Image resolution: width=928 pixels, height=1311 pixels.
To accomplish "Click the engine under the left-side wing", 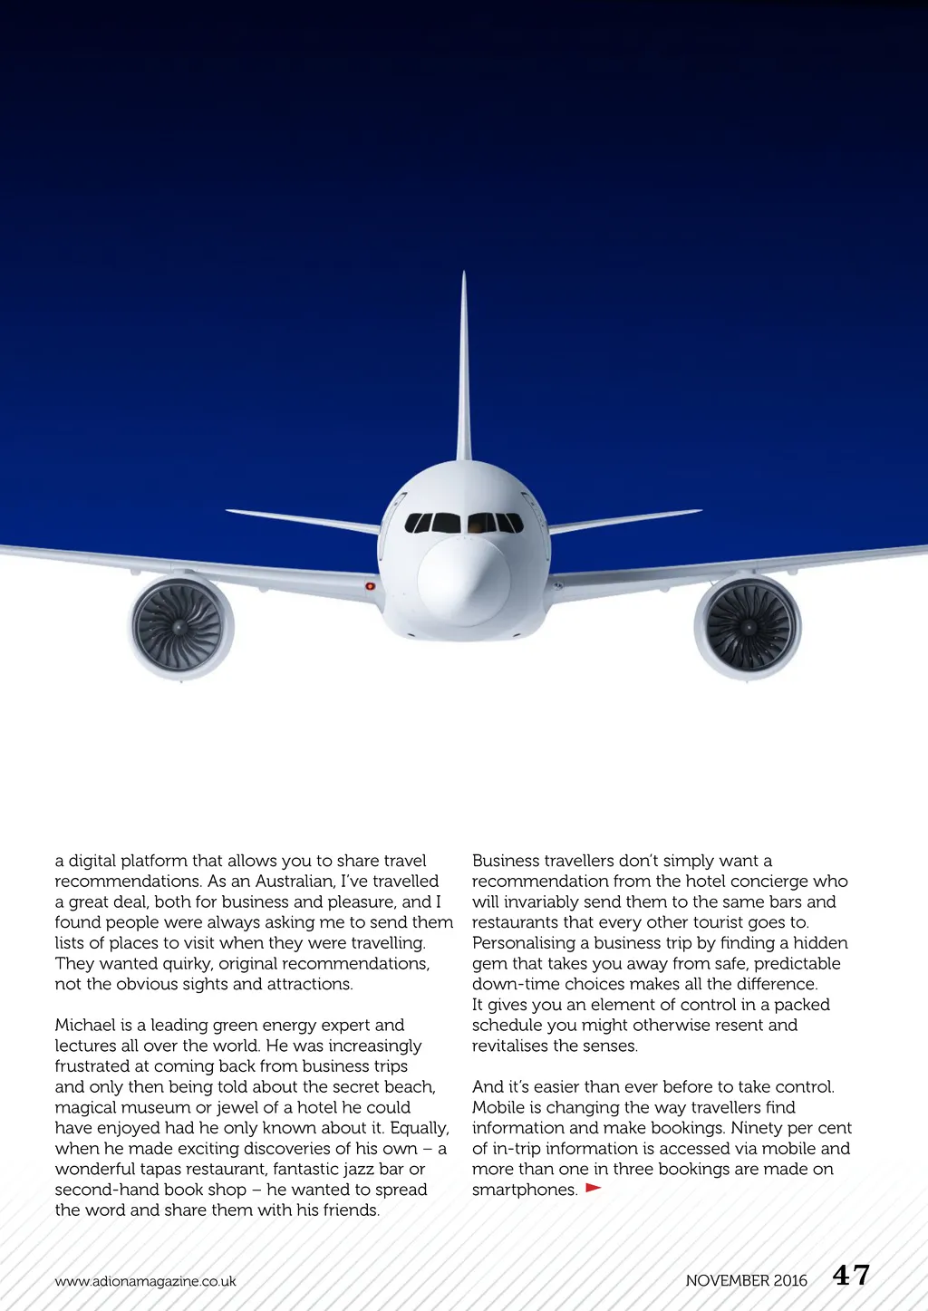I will (x=179, y=627).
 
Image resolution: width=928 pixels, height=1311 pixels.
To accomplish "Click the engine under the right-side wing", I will (x=748, y=627).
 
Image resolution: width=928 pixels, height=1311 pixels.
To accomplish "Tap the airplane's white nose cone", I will (x=463, y=580).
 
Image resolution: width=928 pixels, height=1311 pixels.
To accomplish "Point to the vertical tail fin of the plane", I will (x=464, y=371).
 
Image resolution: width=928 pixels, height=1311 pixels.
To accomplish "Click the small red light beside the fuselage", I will (x=370, y=586).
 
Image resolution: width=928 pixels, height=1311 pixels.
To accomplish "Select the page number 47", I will (x=851, y=1276).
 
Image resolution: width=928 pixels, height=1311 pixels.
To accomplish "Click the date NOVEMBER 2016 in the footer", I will (x=746, y=1280).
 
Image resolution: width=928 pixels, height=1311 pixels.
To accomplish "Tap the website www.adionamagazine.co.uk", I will (x=145, y=1281).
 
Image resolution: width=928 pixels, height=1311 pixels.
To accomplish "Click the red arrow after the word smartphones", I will (x=594, y=1187).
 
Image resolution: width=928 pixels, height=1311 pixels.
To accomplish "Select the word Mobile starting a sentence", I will (x=498, y=1107).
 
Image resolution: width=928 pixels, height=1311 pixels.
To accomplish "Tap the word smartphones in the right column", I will (x=525, y=1190).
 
